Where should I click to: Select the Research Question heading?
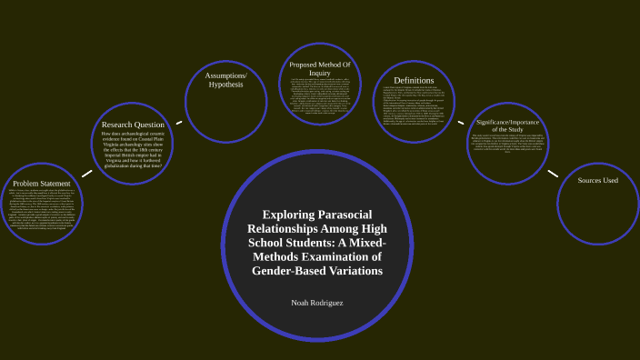pyautogui.click(x=134, y=125)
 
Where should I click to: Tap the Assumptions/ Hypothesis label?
pyautogui.click(x=226, y=79)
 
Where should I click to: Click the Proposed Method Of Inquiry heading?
pyautogui.click(x=320, y=69)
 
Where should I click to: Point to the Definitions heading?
pyautogui.click(x=413, y=81)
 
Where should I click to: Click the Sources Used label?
pyautogui.click(x=597, y=180)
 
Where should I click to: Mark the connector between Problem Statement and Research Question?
pyautogui.click(x=86, y=173)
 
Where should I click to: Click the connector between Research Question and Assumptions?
pyautogui.click(x=179, y=122)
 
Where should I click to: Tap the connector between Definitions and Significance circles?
pyautogui.click(x=461, y=122)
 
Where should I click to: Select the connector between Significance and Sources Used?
pyautogui.click(x=553, y=173)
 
